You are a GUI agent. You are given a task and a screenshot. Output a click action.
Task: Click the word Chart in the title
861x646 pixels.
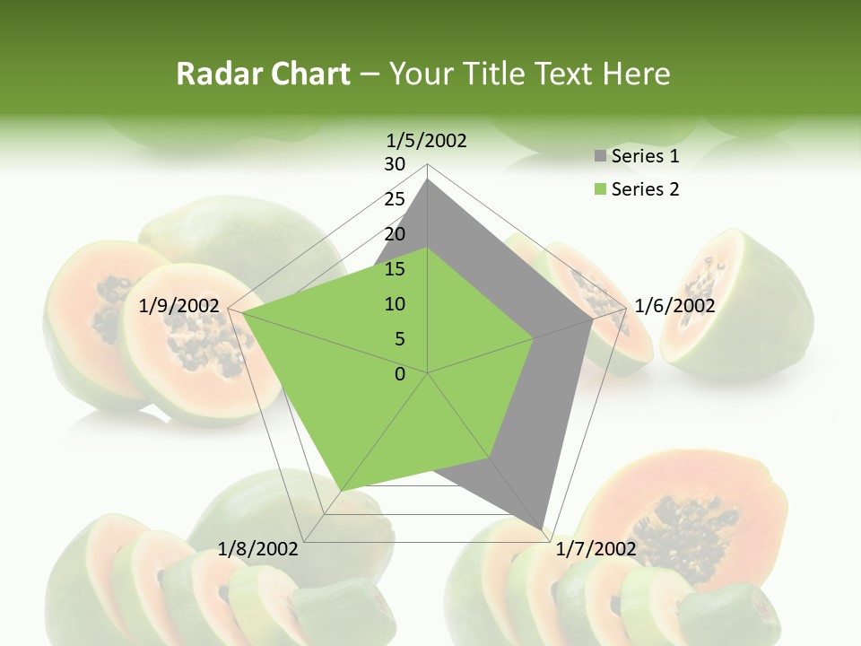(x=306, y=74)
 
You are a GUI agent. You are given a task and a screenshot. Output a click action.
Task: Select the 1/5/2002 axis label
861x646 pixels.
(x=427, y=140)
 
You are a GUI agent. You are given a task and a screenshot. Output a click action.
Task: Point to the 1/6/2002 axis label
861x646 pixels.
(x=674, y=306)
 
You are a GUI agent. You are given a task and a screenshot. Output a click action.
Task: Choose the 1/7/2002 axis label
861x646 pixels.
(x=596, y=549)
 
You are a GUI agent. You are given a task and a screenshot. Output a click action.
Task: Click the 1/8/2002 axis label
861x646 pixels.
(x=258, y=549)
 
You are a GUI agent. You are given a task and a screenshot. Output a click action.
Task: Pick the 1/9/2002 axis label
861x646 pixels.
(x=179, y=306)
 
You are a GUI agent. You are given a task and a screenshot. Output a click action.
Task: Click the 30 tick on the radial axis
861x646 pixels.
(x=395, y=164)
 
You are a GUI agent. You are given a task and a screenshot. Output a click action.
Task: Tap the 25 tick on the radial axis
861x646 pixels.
(x=395, y=199)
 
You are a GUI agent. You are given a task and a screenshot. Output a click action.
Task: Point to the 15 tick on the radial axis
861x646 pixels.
(x=395, y=269)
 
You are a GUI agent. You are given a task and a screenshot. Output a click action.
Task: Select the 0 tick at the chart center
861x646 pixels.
(x=400, y=374)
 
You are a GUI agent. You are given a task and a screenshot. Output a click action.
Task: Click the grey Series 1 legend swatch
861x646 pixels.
(x=600, y=157)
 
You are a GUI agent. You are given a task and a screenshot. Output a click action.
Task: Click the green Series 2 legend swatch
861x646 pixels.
(x=600, y=189)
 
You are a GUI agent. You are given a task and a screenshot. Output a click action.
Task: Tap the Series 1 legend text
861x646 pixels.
(x=645, y=156)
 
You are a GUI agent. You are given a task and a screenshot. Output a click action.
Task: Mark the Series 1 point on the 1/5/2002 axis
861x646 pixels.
(x=428, y=179)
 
